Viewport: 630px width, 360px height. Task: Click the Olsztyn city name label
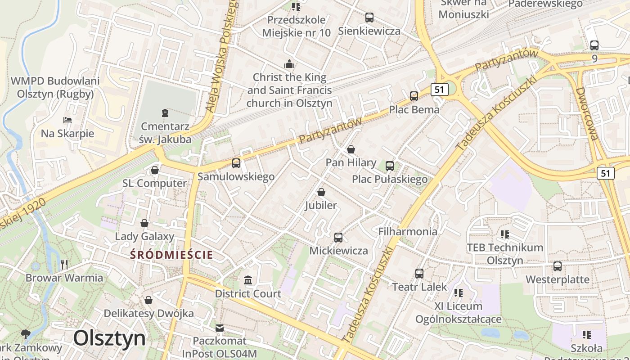109,338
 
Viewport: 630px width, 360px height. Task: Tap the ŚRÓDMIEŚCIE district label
171,255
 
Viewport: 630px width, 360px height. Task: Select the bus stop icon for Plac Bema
414,96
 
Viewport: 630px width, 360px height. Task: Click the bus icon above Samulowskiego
236,163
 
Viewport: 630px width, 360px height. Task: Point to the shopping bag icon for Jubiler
321,192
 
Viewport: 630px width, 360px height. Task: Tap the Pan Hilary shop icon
351,149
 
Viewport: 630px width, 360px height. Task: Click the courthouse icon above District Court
247,280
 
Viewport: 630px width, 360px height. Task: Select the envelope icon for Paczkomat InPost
219,328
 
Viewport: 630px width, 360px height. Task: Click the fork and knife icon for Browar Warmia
64,264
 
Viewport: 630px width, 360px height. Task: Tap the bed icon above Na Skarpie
67,120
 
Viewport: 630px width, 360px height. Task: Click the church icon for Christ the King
289,64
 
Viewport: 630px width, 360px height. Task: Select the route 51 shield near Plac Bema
439,90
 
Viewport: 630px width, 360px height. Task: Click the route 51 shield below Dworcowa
606,173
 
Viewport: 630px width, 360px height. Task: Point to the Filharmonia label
408,231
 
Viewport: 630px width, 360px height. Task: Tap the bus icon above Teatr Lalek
419,273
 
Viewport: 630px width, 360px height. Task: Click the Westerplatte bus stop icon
558,266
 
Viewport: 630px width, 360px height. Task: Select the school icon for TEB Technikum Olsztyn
505,234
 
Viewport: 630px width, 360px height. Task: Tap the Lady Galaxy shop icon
144,223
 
